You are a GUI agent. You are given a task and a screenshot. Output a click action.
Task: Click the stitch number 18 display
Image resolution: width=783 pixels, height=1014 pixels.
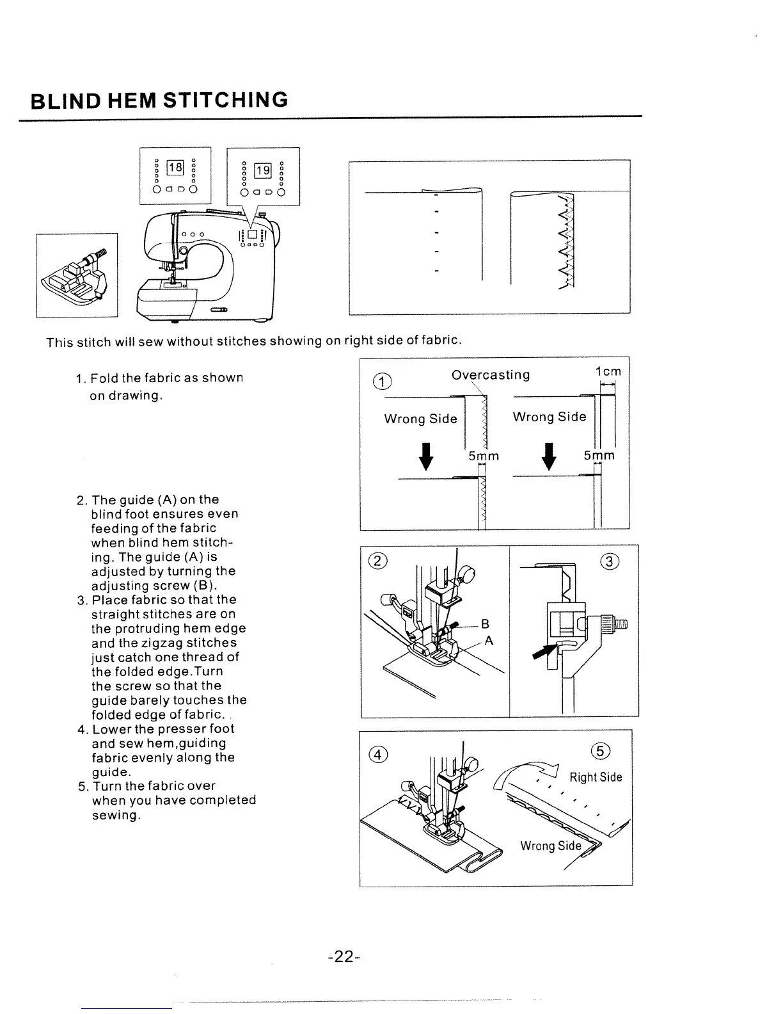(175, 169)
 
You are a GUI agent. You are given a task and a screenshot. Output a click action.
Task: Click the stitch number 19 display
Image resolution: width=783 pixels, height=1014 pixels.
(263, 170)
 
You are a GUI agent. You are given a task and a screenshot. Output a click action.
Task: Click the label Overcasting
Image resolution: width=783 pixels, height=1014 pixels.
(491, 374)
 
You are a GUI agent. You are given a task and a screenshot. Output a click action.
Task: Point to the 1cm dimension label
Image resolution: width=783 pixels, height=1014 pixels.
(608, 372)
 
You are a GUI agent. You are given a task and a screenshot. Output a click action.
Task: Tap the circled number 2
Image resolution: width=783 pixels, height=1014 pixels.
(378, 562)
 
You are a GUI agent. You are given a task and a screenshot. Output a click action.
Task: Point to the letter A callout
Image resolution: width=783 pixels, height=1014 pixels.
(488, 644)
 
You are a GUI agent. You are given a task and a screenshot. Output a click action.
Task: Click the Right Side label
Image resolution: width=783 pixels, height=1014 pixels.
(596, 778)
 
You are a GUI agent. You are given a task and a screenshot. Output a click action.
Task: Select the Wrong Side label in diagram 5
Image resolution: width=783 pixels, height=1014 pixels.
(550, 846)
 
